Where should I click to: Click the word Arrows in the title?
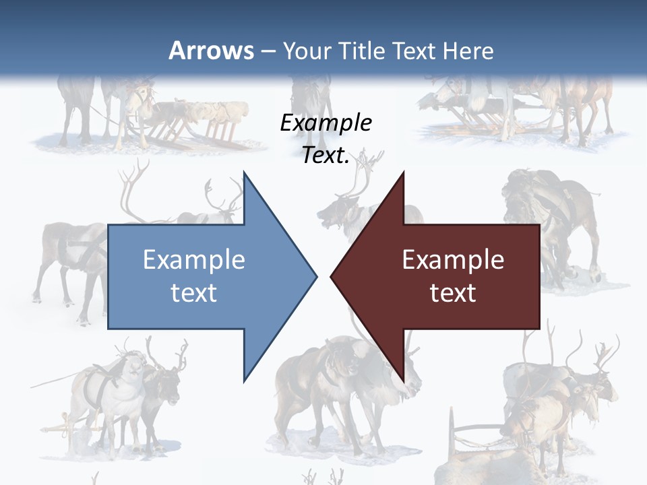point(212,51)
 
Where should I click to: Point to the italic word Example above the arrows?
point(326,123)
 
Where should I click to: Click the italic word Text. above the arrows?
point(326,156)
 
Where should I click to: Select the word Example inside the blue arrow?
point(194,260)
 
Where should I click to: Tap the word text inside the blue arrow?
point(194,293)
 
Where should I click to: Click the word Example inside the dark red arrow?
point(453,260)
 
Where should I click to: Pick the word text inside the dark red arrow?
point(453,293)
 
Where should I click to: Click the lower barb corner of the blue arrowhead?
point(244,381)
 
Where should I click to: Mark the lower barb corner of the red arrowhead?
point(403,381)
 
